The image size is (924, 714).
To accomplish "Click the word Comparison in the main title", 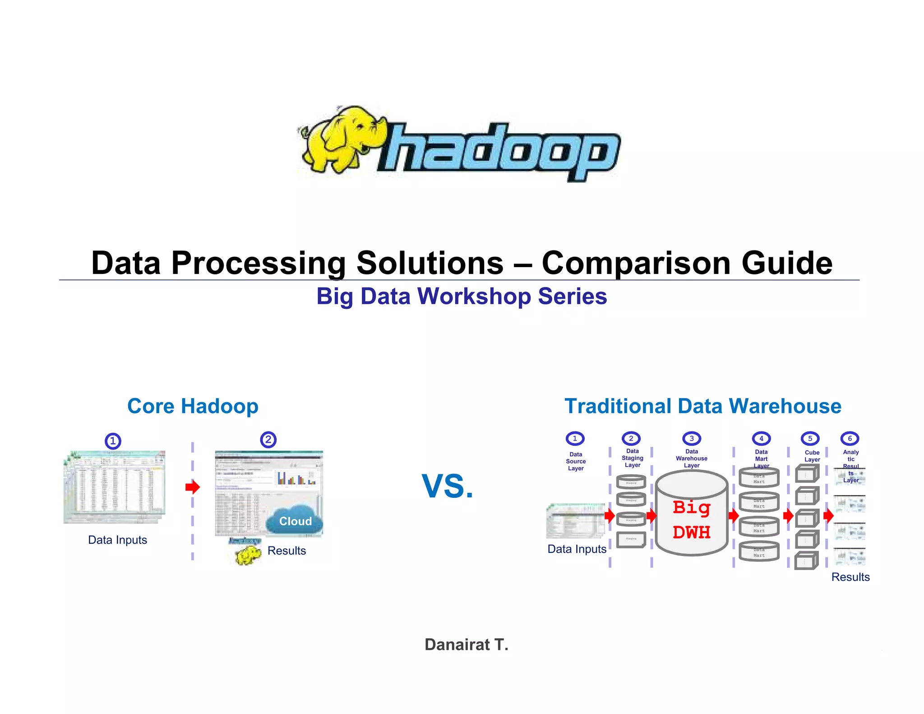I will (637, 263).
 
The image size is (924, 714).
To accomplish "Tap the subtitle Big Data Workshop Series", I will (462, 297).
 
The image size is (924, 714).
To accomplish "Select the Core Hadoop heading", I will (193, 406).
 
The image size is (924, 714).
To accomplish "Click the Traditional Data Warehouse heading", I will (702, 406).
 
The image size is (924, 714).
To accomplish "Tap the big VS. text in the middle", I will (447, 487).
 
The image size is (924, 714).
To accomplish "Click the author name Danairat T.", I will (466, 644).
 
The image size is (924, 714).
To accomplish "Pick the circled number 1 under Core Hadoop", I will (113, 441).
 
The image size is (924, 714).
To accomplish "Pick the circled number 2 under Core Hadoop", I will (268, 440).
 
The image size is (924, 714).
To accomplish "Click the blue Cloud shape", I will (295, 521).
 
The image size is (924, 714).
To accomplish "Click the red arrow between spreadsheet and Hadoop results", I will (193, 487).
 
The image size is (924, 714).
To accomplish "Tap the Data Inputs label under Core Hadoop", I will (117, 540).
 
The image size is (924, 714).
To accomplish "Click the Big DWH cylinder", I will (691, 515).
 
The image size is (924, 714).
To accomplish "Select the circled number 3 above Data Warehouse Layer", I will (691, 438).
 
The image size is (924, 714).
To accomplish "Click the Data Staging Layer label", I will (632, 458).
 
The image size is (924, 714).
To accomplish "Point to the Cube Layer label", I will (812, 456).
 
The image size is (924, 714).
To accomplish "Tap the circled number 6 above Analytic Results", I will (850, 438).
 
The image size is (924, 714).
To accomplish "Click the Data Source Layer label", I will (575, 461).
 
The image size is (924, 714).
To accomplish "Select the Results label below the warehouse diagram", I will (850, 577).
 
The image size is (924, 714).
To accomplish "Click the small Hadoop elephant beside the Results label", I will (248, 555).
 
